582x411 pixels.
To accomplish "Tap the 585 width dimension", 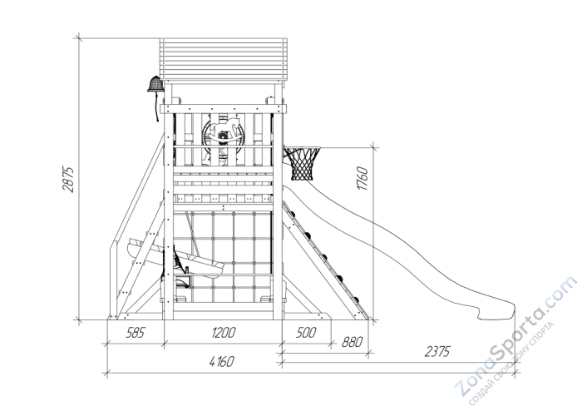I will click(x=135, y=334).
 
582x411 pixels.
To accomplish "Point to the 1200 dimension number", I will click(x=222, y=334).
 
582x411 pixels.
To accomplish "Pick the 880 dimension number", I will click(x=351, y=341).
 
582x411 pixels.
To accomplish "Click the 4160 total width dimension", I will click(x=220, y=361).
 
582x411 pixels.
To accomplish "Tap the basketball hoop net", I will click(x=303, y=164).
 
